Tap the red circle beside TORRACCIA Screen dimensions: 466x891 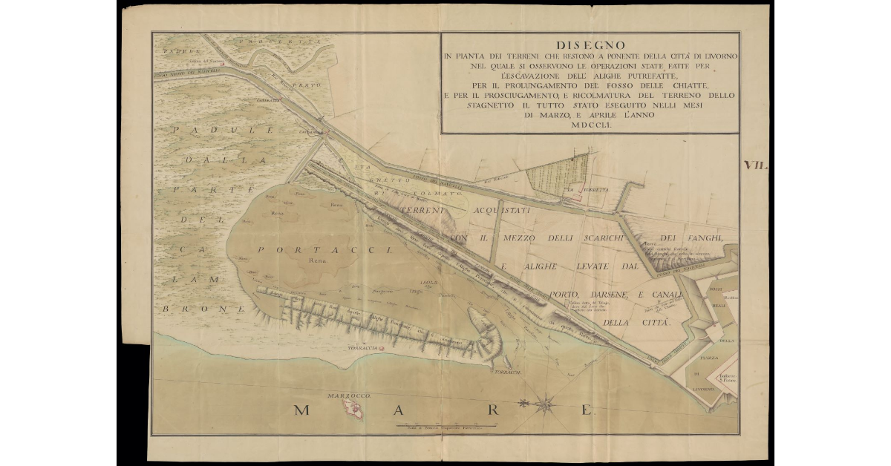click(382, 347)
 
